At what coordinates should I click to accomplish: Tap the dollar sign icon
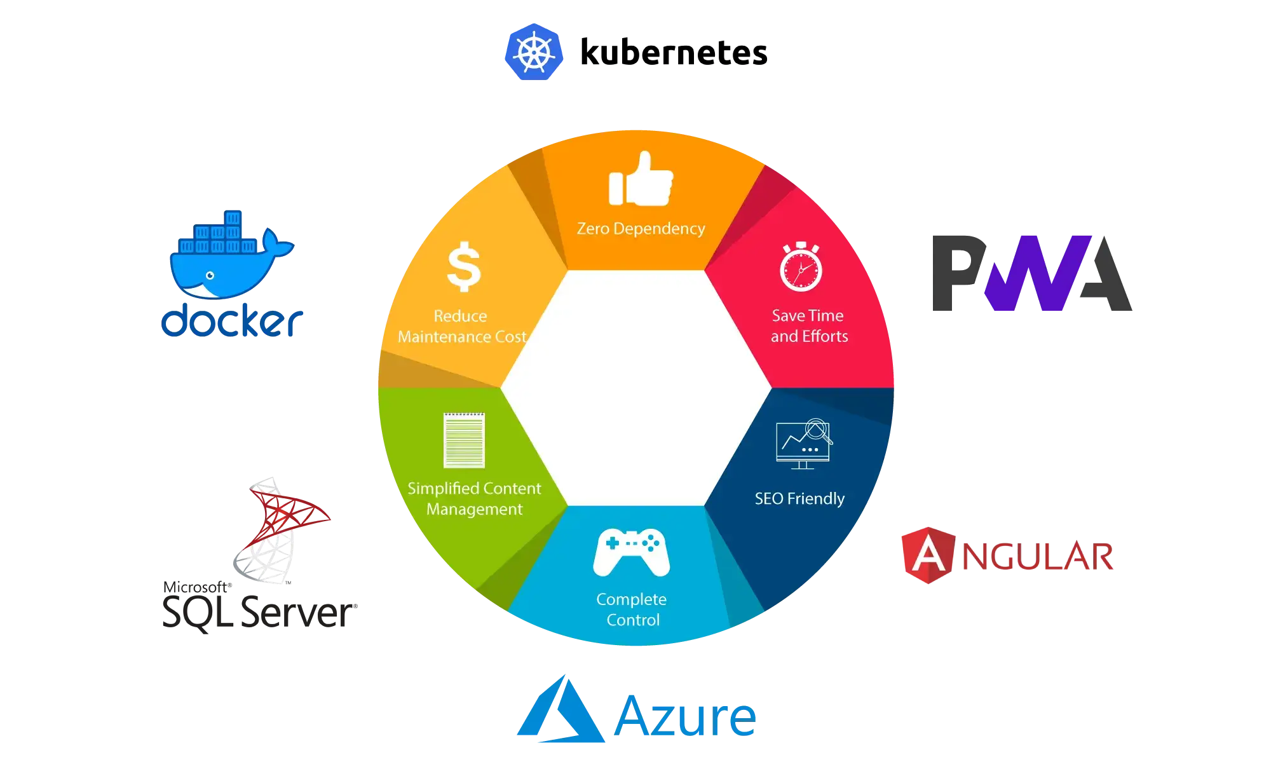(463, 266)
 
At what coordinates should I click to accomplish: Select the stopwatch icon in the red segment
(801, 266)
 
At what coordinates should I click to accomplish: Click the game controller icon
(631, 552)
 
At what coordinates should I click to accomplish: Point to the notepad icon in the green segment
(464, 440)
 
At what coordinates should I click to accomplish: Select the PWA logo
(1031, 275)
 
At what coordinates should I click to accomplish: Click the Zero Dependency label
(641, 228)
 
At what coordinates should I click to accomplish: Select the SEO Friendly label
(799, 499)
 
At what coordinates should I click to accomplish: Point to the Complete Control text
(632, 609)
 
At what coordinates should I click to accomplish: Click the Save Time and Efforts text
(808, 326)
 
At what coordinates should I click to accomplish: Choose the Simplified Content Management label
(474, 499)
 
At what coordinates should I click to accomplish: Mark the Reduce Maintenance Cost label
(462, 327)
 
